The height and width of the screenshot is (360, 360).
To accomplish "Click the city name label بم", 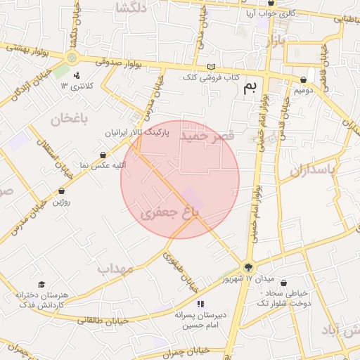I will pos(250,88).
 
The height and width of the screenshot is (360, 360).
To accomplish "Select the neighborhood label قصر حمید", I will pos(211,136).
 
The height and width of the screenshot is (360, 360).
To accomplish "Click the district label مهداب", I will pos(115,268).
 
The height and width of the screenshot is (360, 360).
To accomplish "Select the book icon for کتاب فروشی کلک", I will pos(212,67).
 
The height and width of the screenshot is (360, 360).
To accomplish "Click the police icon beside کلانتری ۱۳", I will pos(77,75).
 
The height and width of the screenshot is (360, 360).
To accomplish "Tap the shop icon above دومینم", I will pos(303,80).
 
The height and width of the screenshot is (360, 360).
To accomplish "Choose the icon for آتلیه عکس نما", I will pos(103,155).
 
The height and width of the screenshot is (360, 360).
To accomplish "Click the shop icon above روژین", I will pos(62,191).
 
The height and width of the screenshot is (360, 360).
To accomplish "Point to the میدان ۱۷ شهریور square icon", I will pos(247,267).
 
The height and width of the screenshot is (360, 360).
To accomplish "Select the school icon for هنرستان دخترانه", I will pos(41,285).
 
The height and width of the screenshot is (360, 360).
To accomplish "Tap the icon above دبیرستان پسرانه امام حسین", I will pos(200,304).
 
